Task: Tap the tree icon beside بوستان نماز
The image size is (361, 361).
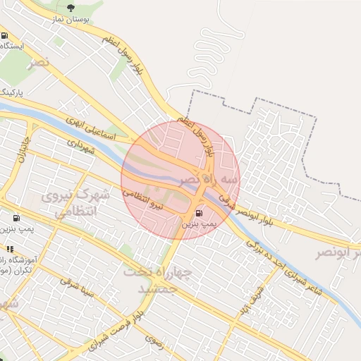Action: pos(69,8)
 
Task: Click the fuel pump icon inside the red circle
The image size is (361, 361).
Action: pos(199,212)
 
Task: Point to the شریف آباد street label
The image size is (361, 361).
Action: pos(250,299)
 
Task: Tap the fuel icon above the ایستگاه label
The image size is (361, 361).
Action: pos(5,35)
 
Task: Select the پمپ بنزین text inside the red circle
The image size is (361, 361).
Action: pos(197,224)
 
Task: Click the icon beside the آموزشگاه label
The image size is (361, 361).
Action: pos(10,249)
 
